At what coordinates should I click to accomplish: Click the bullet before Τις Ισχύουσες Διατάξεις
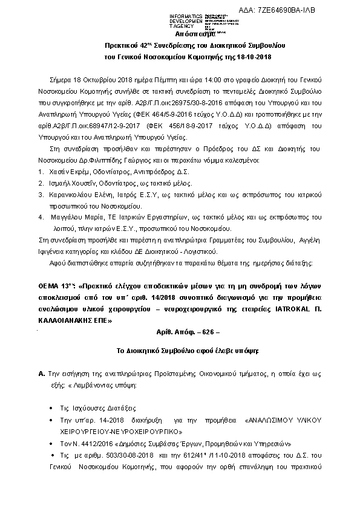pyautogui.click(x=53, y=407)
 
